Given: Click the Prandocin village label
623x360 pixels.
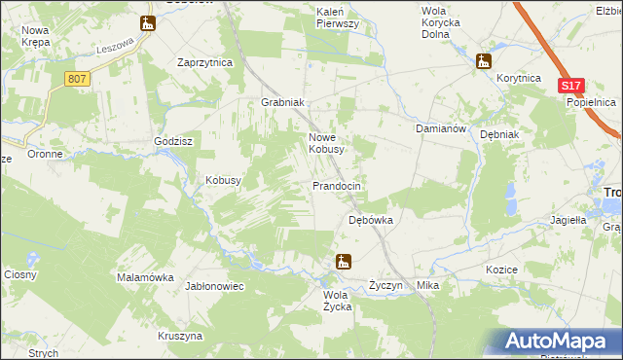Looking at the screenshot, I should click(337, 185).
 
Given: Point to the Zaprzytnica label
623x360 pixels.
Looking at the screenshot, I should click(204, 61).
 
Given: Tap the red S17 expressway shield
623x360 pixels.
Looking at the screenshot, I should click(570, 86).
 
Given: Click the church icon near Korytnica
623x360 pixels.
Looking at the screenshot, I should click(484, 61).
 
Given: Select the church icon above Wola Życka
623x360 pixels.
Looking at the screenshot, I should click(342, 261).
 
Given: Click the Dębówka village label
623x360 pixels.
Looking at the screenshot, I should click(371, 220).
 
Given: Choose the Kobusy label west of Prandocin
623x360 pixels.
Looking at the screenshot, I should click(223, 180).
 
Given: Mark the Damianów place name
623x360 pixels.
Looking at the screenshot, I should click(443, 127).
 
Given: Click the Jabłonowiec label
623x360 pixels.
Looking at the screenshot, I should click(213, 286).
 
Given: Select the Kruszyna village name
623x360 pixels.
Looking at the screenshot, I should click(179, 335).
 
